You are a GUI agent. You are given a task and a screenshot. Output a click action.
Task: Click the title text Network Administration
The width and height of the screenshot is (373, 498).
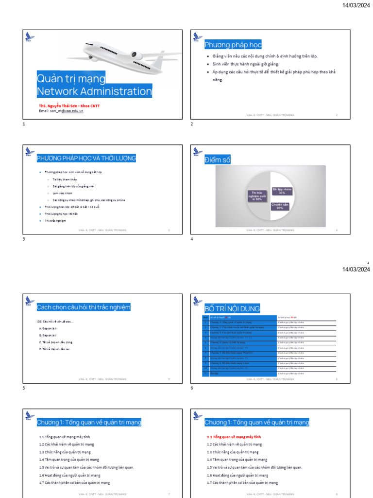(x=95, y=91)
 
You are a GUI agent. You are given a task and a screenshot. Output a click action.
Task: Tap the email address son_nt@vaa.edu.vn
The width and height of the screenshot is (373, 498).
(x=61, y=111)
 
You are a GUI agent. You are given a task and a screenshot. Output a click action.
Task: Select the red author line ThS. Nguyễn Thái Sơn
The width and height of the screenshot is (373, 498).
(x=69, y=106)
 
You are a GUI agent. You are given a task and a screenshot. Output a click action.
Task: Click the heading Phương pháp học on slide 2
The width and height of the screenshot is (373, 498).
(x=233, y=45)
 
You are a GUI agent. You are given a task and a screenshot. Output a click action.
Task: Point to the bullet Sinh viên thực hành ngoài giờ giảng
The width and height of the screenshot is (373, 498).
(x=246, y=64)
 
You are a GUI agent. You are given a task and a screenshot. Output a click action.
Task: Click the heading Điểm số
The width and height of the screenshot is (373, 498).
(x=218, y=160)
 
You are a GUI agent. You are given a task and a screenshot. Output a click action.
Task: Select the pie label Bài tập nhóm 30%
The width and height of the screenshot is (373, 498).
(x=282, y=191)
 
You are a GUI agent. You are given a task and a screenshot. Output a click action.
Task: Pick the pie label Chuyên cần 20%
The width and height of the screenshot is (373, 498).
(x=280, y=206)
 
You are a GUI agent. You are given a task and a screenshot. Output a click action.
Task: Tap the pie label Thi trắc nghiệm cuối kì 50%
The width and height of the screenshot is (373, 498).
(x=257, y=196)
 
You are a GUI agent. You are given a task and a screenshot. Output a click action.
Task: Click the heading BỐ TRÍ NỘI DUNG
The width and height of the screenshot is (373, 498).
(x=232, y=308)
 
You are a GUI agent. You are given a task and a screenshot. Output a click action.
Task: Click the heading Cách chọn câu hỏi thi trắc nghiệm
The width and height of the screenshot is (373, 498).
(x=84, y=307)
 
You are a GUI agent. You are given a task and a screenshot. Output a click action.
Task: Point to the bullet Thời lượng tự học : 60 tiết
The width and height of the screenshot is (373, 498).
(x=61, y=213)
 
